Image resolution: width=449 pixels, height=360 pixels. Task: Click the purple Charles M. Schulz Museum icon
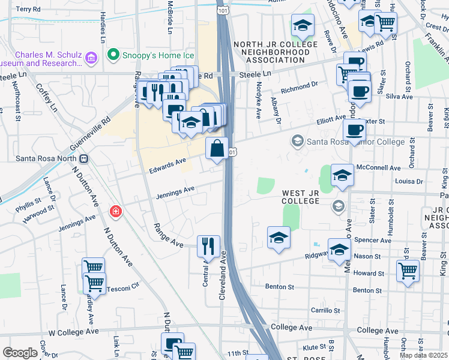click(x=91, y=58)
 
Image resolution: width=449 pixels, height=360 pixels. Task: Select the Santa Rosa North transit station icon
click(x=84, y=159)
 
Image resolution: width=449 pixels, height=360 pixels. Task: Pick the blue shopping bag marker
click(x=217, y=148)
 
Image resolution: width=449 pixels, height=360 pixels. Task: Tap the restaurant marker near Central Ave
click(x=208, y=245)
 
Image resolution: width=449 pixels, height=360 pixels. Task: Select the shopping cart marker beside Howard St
click(x=408, y=270)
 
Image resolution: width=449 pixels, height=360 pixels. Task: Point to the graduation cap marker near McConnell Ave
click(x=342, y=175)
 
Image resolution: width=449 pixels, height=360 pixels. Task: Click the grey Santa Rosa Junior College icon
click(x=297, y=142)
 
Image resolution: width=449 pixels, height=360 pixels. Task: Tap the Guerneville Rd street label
click(x=91, y=129)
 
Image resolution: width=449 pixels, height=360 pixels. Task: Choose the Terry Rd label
click(x=28, y=10)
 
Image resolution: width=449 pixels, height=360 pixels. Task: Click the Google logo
click(x=20, y=353)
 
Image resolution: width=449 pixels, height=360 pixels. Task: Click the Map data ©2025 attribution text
click(x=423, y=355)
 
